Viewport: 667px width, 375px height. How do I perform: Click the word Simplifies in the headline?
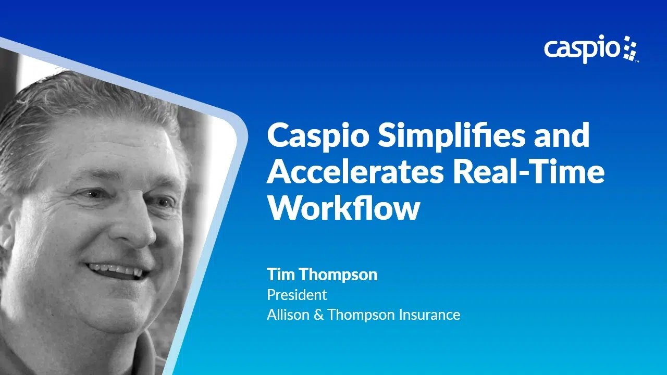452,136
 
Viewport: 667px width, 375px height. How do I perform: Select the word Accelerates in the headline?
355,172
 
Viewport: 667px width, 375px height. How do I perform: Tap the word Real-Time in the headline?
529,172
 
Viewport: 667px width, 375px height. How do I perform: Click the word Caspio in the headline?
318,136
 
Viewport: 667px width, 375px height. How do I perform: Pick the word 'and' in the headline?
562,136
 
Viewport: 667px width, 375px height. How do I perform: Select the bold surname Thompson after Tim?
339,275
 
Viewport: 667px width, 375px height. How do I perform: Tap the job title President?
297,295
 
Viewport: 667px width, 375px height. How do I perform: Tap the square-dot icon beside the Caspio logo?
630,49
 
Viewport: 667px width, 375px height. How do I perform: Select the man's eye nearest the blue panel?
163,203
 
